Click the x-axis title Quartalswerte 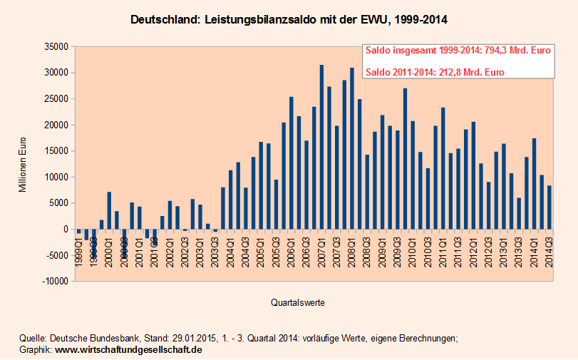coord(299,303)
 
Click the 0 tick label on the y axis coord(63,230)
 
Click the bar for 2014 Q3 coord(549,207)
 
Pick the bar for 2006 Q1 coord(291,163)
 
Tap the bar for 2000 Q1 coord(109,210)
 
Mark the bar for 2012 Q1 coord(473,175)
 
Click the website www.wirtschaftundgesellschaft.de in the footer coord(129,350)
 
